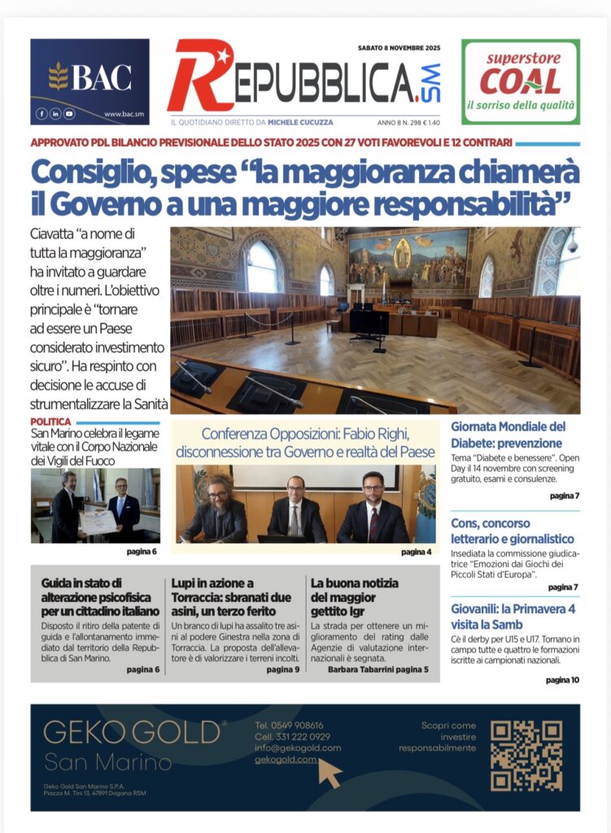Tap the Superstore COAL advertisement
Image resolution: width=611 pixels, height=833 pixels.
520,81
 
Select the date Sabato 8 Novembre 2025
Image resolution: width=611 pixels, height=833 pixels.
399,48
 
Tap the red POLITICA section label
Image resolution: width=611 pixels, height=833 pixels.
50,421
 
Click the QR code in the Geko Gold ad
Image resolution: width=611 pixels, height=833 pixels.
526,756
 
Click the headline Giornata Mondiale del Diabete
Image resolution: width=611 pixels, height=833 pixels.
507,434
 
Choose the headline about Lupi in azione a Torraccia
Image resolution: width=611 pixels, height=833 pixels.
224,596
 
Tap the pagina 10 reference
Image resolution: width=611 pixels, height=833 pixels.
562,679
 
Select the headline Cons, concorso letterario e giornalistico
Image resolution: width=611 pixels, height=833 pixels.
513,530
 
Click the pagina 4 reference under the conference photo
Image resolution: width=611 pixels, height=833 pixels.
417,552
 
